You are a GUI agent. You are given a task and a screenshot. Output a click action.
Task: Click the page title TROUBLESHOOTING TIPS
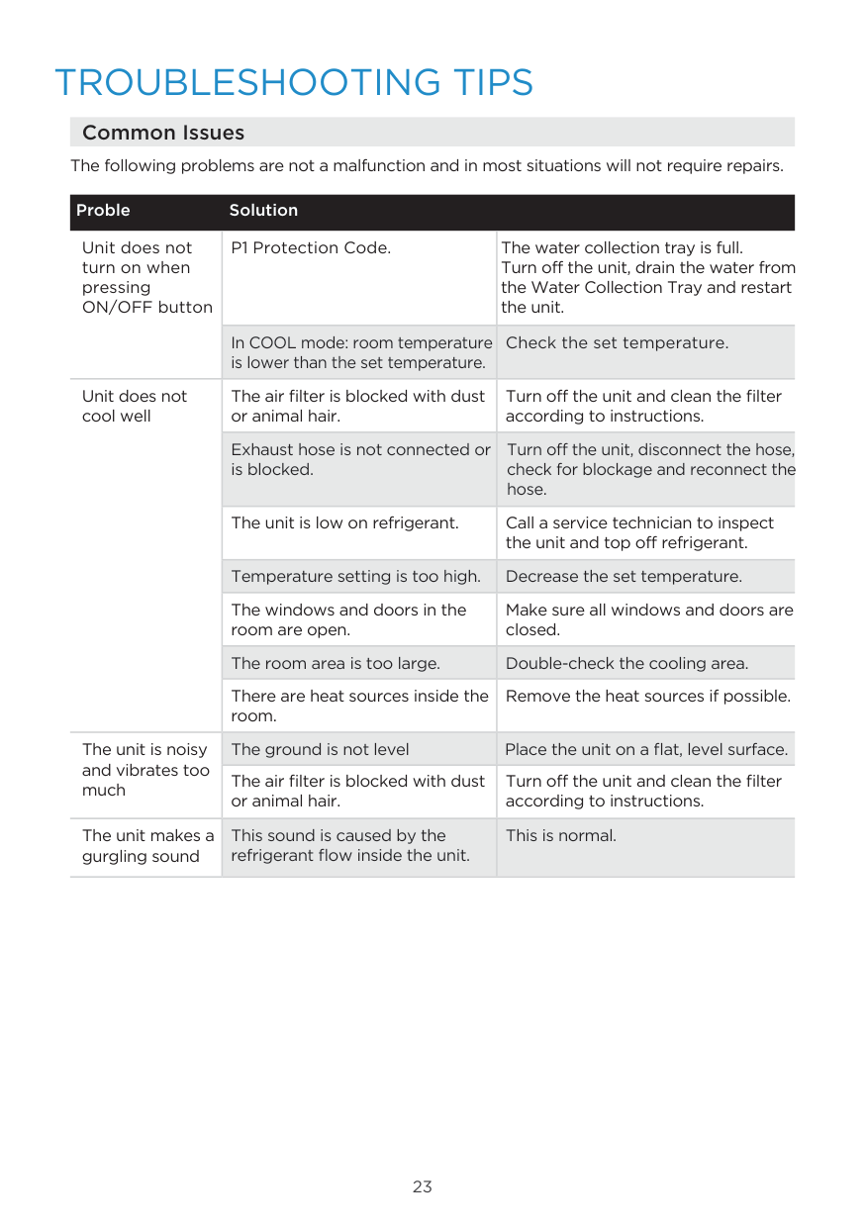[x=294, y=82]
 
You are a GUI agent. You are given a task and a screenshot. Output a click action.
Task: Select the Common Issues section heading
[x=163, y=133]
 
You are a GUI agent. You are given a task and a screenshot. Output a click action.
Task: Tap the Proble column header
[x=103, y=210]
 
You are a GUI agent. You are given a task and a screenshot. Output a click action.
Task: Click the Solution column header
[x=263, y=210]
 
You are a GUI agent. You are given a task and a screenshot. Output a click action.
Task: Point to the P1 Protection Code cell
[x=311, y=247]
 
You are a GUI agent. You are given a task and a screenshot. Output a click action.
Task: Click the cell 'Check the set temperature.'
[x=617, y=343]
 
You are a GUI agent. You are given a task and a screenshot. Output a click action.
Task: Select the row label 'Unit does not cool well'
[x=135, y=406]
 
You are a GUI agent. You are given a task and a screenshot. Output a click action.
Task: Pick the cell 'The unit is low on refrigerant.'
[x=344, y=522]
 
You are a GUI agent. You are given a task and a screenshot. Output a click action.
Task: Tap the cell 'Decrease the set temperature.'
[x=624, y=576]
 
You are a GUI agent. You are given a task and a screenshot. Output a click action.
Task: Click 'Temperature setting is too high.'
[x=356, y=576]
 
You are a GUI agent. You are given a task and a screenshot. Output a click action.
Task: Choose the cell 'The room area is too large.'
[x=336, y=663]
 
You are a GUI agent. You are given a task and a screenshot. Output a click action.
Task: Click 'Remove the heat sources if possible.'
[x=648, y=696]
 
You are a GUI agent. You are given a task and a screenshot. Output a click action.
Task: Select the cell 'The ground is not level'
[x=320, y=749]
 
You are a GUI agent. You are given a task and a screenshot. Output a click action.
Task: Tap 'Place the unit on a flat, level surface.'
[x=646, y=749]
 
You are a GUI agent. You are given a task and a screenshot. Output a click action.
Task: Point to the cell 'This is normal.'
[x=560, y=835]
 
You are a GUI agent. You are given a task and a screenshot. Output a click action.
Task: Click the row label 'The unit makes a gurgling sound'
[x=147, y=846]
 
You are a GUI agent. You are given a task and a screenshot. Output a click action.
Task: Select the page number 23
[x=423, y=1186]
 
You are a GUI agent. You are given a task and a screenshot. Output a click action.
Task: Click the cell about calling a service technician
[x=639, y=532]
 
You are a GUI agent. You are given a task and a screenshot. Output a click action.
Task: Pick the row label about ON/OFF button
[x=146, y=277]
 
